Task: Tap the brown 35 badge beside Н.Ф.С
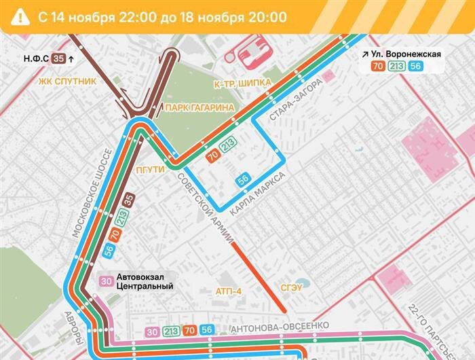point(58,59)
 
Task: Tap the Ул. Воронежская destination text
point(408,54)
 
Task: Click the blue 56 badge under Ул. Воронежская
point(415,67)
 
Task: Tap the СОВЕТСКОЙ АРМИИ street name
point(206,208)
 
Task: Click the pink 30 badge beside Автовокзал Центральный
point(107,281)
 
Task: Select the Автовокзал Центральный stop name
point(145,281)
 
